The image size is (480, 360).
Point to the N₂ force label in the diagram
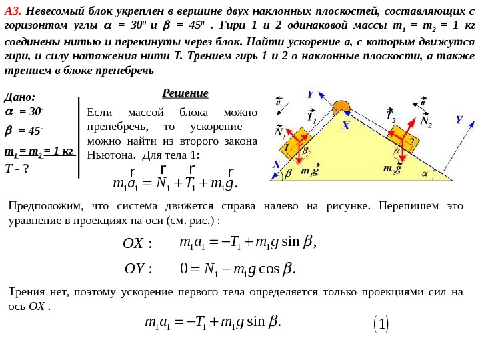pyautogui.click(x=425, y=123)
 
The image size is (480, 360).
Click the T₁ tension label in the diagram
pyautogui.click(x=311, y=117)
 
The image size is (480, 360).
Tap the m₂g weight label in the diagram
pyautogui.click(x=392, y=169)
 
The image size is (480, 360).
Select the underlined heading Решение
pyautogui.click(x=185, y=93)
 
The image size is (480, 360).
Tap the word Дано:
pyautogui.click(x=20, y=97)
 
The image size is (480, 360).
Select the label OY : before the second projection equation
pyautogui.click(x=139, y=269)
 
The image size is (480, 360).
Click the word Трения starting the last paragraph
pyautogui.click(x=27, y=291)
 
